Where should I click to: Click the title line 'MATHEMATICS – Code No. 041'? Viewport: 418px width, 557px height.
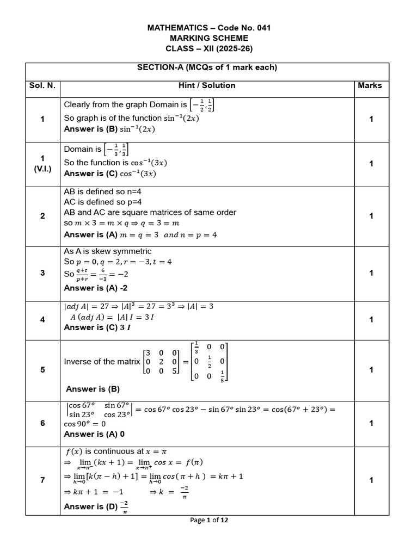(209, 28)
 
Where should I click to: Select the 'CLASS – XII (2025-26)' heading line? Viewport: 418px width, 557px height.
(209, 48)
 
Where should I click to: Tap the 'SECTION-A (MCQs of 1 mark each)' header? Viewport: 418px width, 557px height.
(207, 67)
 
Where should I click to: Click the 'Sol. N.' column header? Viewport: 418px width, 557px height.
(42, 85)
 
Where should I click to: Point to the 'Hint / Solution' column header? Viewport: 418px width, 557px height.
(207, 85)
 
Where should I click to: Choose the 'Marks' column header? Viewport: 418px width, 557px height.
(370, 85)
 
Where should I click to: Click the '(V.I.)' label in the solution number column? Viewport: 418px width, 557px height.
(42, 169)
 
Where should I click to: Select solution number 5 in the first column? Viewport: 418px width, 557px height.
(42, 370)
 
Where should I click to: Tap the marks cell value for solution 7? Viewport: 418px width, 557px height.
(371, 480)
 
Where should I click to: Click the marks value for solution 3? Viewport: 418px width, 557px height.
(371, 273)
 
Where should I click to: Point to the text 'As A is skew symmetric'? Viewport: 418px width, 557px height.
(108, 251)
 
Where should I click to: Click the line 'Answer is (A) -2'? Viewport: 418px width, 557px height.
(96, 288)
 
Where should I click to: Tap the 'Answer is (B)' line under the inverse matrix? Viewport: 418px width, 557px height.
(93, 389)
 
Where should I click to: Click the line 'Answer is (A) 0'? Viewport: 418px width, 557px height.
(94, 434)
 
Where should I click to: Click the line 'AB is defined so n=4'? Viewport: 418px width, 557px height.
(103, 192)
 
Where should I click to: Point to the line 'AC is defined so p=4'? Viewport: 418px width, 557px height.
(103, 202)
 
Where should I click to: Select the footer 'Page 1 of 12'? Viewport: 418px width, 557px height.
(209, 520)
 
